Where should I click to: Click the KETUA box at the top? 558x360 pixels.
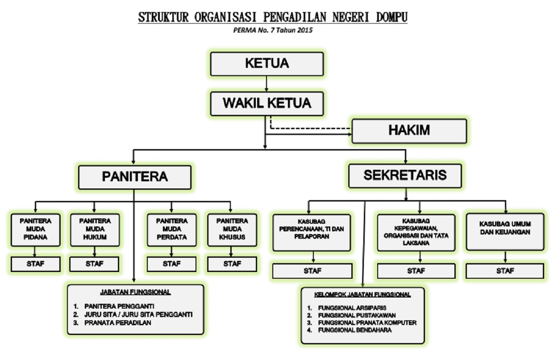point(267,64)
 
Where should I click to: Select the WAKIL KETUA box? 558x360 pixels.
point(267,104)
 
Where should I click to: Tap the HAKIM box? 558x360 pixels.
point(409,131)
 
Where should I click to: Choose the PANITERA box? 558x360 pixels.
point(135,177)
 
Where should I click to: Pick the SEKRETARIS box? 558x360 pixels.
point(405,176)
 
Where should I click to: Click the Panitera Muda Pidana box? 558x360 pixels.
point(35,230)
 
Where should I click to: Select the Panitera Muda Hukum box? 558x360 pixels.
point(95,230)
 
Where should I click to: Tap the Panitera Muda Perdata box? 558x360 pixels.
point(171,230)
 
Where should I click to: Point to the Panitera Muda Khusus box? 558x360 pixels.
point(232,230)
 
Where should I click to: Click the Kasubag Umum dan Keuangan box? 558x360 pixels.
point(505,232)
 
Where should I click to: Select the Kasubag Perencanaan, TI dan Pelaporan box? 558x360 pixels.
point(312,233)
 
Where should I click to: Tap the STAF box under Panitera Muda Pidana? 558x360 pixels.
point(35,264)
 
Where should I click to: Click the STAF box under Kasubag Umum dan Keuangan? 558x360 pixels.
point(505,271)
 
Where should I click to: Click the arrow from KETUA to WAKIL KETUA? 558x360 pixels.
point(267,84)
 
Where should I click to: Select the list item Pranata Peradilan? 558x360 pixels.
point(117,323)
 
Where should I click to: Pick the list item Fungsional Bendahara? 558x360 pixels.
point(355,330)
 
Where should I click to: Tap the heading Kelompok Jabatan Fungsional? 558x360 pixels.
point(362,295)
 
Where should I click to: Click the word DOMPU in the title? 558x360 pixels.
point(391,17)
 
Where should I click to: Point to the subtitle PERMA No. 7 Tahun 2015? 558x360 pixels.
point(273,30)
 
